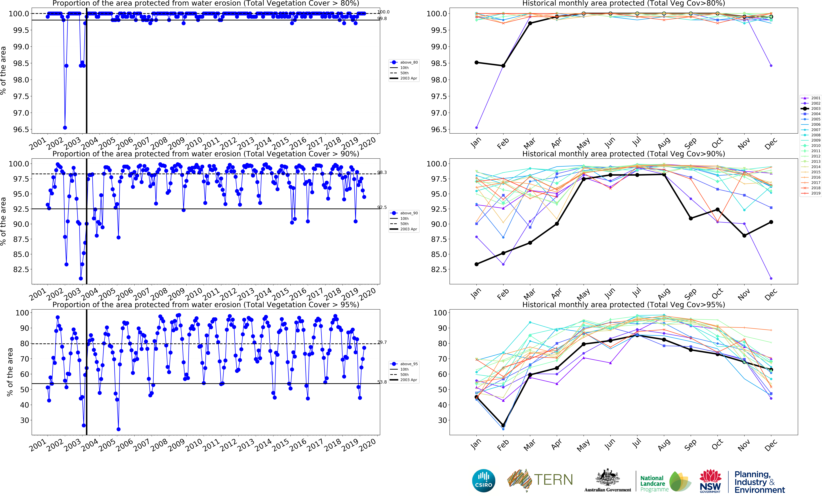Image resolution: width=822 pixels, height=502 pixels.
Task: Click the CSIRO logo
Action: pos(483,481)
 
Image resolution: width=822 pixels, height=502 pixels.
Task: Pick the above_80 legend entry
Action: pos(404,62)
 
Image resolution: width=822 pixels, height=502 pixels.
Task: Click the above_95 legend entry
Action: pos(404,364)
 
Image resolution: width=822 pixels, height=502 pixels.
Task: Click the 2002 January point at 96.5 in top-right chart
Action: pos(476,127)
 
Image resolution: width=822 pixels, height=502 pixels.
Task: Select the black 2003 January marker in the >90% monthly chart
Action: pos(476,264)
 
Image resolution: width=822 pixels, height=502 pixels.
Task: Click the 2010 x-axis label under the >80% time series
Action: pos(194,143)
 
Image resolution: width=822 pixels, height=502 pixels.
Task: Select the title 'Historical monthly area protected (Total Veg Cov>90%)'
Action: pos(623,154)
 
